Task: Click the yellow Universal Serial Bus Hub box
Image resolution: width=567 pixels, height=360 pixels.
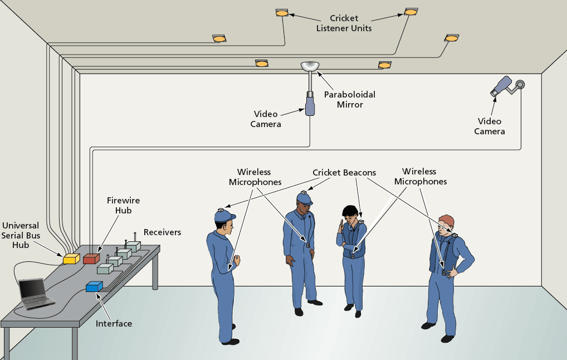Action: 71,259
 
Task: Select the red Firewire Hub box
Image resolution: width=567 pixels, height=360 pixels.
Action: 91,259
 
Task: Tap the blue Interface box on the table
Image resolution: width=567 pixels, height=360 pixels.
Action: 94,286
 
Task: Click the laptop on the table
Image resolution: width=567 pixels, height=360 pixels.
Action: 35,294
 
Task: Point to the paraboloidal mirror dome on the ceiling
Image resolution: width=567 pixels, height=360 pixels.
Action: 310,66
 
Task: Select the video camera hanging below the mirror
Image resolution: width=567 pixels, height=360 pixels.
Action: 310,104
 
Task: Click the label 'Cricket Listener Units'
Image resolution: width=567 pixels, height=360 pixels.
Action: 344,23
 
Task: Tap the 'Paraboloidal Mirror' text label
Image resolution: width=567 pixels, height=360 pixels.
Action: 350,100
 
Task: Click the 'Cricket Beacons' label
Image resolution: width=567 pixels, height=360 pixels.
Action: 344,173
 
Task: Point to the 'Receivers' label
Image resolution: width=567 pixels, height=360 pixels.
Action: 163,232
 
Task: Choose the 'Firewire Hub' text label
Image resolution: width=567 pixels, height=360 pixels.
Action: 123,205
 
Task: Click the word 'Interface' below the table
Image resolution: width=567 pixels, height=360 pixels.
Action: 114,323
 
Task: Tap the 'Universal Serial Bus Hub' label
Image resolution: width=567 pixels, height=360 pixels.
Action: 21,235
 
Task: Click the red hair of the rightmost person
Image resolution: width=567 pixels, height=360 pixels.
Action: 447,220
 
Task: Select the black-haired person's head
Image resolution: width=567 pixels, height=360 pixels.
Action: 350,214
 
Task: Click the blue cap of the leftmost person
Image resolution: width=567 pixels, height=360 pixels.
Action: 224,216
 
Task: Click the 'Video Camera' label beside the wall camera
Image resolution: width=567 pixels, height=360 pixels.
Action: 489,127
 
